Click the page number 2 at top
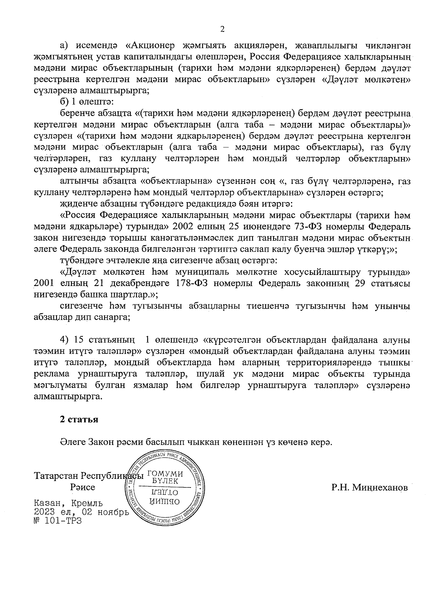coord(222,29)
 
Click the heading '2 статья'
coord(79,419)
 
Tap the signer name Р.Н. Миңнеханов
coord(369,487)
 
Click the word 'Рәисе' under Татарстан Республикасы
coord(83,487)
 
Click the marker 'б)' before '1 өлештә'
coord(64,102)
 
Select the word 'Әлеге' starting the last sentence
coord(72,442)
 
